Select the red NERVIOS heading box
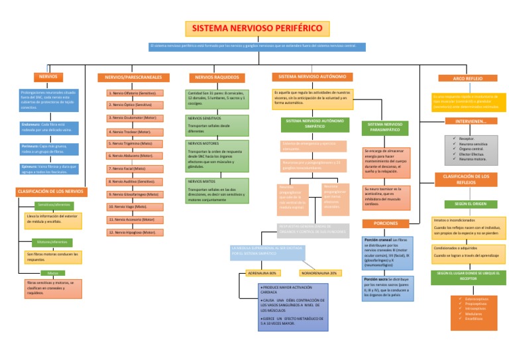[x=48, y=77]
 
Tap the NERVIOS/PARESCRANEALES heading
[x=133, y=78]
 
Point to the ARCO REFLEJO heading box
[x=467, y=78]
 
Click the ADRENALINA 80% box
[x=263, y=272]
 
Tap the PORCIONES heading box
[x=385, y=223]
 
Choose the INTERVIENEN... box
[x=471, y=121]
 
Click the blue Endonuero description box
[x=48, y=127]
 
